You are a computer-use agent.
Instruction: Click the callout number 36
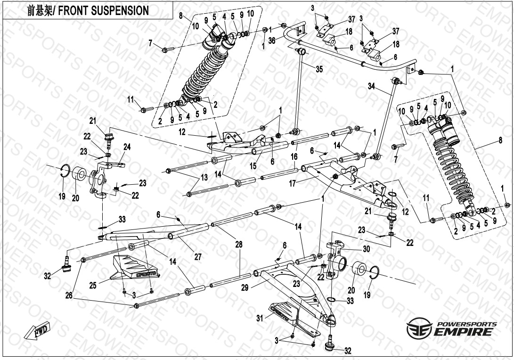(272, 41)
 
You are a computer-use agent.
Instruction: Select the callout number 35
(319, 69)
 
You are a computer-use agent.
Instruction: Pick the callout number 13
(204, 177)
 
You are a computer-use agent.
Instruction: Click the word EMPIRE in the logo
(464, 332)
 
